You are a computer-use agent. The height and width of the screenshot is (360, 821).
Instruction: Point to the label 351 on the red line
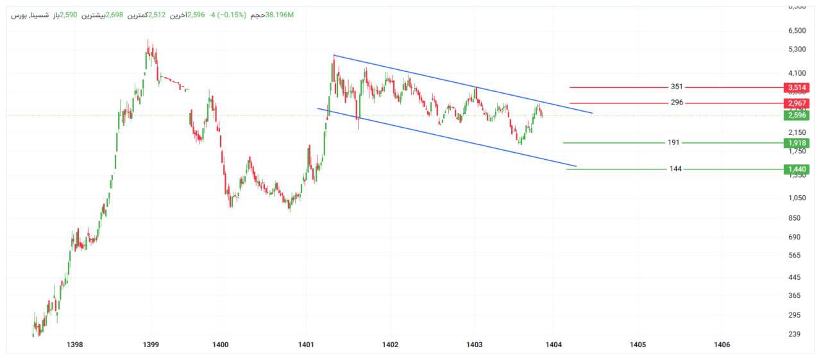[677, 87]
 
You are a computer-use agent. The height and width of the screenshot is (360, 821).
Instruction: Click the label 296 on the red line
[677, 103]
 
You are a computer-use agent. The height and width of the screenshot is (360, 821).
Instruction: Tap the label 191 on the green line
[673, 142]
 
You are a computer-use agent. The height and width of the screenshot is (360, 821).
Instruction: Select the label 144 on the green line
[675, 169]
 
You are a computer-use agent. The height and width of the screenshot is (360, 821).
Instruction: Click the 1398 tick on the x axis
[75, 345]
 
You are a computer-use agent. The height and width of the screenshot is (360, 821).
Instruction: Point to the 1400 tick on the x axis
[221, 345]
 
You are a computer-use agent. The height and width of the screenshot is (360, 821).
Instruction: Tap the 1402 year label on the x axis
[390, 345]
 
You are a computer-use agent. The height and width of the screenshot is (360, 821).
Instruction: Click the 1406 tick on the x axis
[722, 345]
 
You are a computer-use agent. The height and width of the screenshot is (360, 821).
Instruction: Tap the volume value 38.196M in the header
[280, 14]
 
